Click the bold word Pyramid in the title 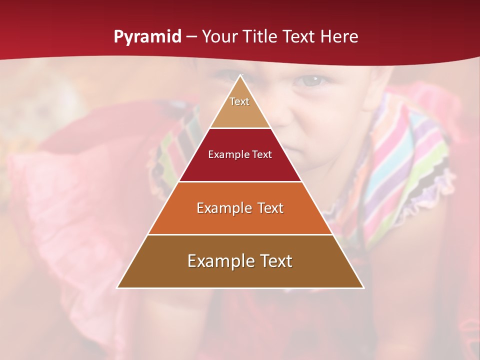pyautogui.click(x=147, y=37)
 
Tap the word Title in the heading pyautogui.click(x=261, y=37)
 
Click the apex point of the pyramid pyautogui.click(x=240, y=75)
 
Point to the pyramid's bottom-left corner pyautogui.click(x=117, y=287)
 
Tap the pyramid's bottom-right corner pyautogui.click(x=363, y=287)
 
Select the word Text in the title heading pyautogui.click(x=299, y=37)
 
